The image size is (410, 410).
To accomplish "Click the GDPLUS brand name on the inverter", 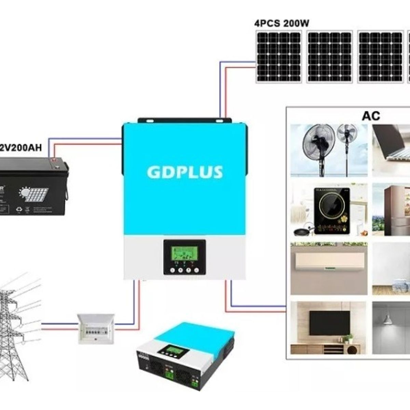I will pos(185,172).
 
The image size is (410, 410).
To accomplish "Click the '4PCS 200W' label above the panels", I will pos(282,24).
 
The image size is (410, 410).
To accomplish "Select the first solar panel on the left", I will pos(279,57).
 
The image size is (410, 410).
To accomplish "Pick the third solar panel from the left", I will pos(380,57).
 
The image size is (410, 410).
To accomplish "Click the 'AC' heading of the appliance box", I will pos(371,116).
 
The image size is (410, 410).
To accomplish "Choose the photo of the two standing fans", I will pos(329,151).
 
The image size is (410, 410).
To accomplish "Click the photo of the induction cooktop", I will pos(329,210).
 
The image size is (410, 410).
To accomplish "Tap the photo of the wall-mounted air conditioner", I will pos(329,269).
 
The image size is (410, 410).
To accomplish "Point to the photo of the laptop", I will pos(391,151).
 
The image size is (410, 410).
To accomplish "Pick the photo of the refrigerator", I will pos(391,210).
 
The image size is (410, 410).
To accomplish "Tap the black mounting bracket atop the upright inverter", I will pos(184,121).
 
